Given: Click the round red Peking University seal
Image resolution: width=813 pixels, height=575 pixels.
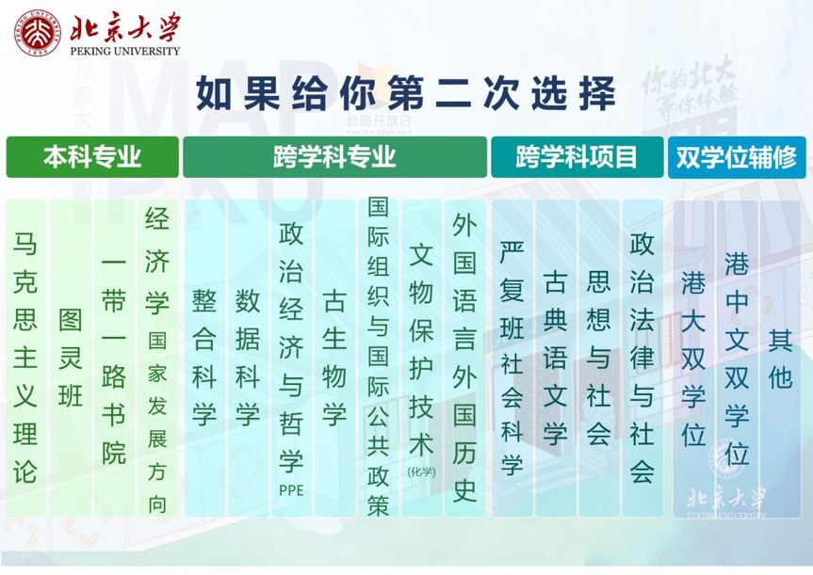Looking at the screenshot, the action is pyautogui.click(x=38, y=32).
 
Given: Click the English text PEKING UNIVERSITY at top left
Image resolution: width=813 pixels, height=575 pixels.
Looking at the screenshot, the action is pyautogui.click(x=125, y=51).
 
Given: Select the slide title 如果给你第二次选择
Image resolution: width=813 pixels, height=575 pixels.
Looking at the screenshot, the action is pyautogui.click(x=406, y=94).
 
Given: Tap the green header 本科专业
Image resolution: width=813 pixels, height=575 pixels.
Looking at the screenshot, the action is pyautogui.click(x=92, y=157).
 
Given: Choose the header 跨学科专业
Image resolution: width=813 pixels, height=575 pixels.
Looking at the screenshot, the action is pyautogui.click(x=335, y=157).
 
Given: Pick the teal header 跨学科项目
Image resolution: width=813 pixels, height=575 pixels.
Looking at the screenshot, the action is pyautogui.click(x=577, y=157).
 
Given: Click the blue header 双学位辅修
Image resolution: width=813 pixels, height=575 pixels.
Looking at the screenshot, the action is pyautogui.click(x=737, y=157).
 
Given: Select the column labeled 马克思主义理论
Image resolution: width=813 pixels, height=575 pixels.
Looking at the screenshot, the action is pyautogui.click(x=25, y=358).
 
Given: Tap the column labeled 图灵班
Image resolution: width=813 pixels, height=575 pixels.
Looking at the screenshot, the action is pyautogui.click(x=71, y=358).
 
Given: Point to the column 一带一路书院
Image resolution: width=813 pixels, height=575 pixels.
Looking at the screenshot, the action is pyautogui.click(x=114, y=358).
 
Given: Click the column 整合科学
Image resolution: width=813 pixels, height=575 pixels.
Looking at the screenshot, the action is pyautogui.click(x=204, y=358).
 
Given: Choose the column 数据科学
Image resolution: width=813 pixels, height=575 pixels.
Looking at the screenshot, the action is pyautogui.click(x=248, y=358).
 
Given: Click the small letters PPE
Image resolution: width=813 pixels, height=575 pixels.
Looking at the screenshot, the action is pyautogui.click(x=291, y=490).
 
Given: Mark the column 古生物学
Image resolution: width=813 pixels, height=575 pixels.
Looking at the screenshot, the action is pyautogui.click(x=334, y=358).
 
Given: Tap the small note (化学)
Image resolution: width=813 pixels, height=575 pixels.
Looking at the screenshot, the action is pyautogui.click(x=421, y=471).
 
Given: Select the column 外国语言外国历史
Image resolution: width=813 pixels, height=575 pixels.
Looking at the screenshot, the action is pyautogui.click(x=464, y=358).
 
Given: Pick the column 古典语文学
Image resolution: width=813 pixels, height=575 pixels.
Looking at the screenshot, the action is pyautogui.click(x=555, y=358).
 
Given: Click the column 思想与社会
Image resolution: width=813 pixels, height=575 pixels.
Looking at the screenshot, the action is pyautogui.click(x=598, y=358).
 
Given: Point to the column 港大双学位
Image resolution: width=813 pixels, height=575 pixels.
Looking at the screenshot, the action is pyautogui.click(x=693, y=358).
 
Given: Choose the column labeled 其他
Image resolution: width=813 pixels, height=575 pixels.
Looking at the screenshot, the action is pyautogui.click(x=780, y=358).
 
